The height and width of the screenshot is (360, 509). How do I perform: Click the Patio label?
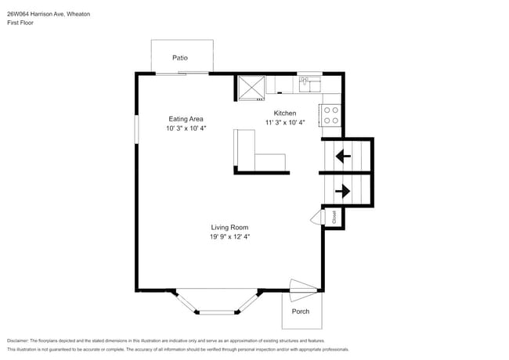[x=180, y=58]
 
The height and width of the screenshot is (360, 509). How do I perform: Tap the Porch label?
[x=301, y=311]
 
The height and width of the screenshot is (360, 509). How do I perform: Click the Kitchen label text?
[x=284, y=113]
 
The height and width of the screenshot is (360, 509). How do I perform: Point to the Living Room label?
[x=229, y=227]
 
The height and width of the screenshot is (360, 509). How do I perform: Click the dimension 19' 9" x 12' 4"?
[x=229, y=236]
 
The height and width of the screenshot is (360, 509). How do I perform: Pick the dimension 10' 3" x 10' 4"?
[x=186, y=128]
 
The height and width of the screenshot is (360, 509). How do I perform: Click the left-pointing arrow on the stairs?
[x=343, y=156]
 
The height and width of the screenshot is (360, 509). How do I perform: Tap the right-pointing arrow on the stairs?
[x=342, y=190]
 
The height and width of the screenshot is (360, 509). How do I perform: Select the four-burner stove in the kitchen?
[x=330, y=116]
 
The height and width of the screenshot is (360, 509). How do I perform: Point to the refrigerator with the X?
[x=251, y=87]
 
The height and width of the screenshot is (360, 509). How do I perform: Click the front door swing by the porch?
[x=302, y=288]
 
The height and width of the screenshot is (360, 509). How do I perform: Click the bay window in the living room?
[x=216, y=304]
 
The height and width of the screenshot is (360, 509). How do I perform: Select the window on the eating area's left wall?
[x=136, y=129]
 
